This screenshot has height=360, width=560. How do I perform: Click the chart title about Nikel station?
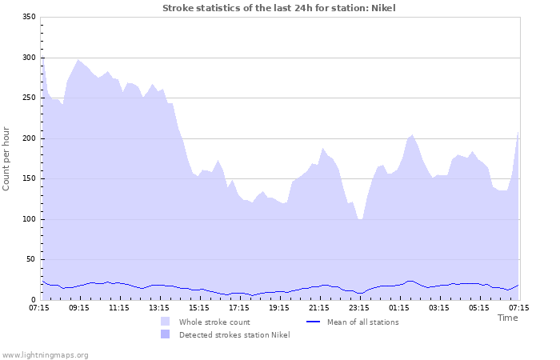click(x=278, y=8)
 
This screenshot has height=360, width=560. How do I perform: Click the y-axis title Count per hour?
click(x=7, y=158)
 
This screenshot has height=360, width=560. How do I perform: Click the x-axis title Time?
click(x=507, y=318)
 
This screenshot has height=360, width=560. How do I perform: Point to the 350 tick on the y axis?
click(x=28, y=17)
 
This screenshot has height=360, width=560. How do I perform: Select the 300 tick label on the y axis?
click(x=28, y=58)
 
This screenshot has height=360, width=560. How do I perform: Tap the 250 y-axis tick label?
click(x=28, y=98)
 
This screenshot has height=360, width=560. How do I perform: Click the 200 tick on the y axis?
click(x=28, y=138)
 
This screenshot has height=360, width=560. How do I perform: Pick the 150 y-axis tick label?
click(x=28, y=178)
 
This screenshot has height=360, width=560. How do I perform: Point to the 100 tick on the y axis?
click(x=28, y=219)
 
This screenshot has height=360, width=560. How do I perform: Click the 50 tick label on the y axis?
click(x=30, y=259)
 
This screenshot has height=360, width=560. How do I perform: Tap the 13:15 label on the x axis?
click(x=159, y=307)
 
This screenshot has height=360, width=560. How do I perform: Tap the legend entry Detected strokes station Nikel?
click(x=234, y=334)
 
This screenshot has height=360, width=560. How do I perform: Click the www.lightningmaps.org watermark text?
click(x=45, y=354)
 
